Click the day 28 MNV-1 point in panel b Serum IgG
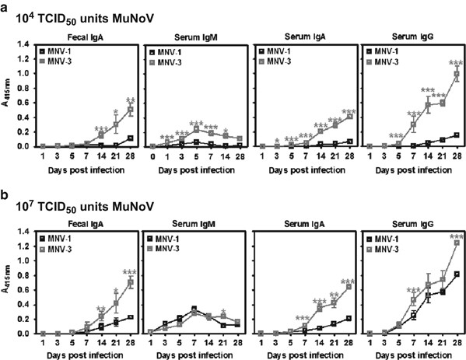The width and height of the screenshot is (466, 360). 454,274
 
